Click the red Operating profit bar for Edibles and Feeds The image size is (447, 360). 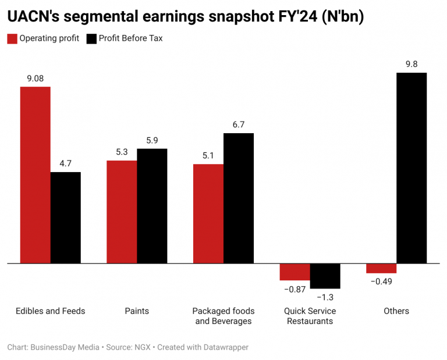pos(36,174)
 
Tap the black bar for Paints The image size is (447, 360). pos(152,206)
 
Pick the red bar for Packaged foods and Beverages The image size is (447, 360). pos(208,213)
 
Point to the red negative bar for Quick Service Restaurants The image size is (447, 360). pos(295,272)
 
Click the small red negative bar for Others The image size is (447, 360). pos(381,268)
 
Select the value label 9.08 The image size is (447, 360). pos(36,78)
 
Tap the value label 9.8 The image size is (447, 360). pos(411,64)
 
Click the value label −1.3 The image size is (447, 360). pos(325,297)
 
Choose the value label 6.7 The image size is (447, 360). pos(238,124)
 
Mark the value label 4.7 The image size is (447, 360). pos(65,163)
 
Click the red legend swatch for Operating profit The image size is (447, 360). pos(12,39)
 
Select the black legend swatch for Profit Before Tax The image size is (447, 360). pos(91,39)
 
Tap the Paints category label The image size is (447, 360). pos(137,311)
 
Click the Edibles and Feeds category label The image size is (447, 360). pos(50,311)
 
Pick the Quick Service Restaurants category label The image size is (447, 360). pos(310,316)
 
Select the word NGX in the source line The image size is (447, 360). pos(141,347)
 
